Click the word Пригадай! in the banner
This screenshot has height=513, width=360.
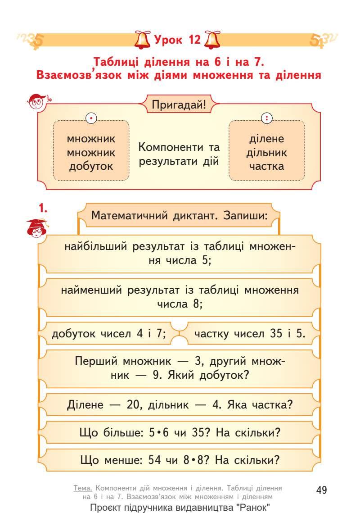[x=179, y=105]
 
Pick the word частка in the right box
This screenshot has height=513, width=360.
[x=266, y=166]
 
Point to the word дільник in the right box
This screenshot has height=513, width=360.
[x=266, y=152]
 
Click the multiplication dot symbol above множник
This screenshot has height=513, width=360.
[x=91, y=119]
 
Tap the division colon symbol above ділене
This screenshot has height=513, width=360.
[x=266, y=119]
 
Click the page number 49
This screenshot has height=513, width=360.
[x=321, y=490]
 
